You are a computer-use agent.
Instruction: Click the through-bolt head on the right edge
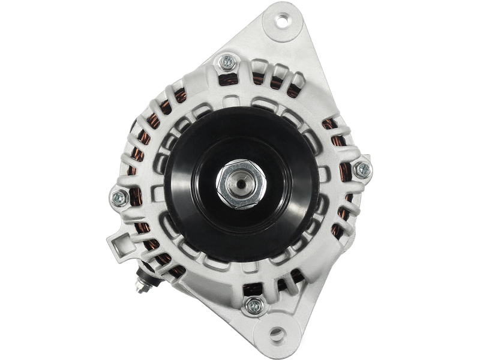pyautogui.click(x=361, y=170)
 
